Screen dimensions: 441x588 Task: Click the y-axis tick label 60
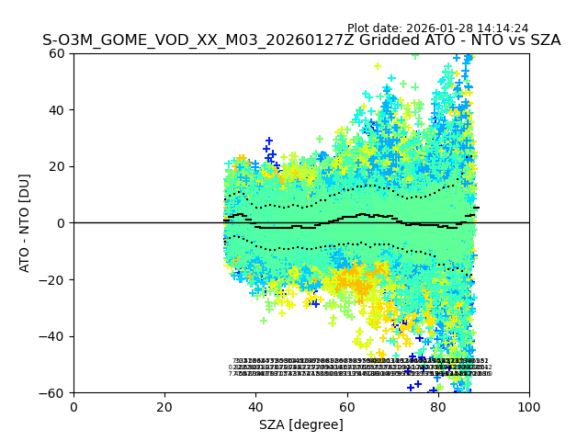tap(58, 53)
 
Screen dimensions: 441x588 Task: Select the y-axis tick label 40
tap(58, 110)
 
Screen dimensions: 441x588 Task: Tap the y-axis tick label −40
tap(54, 336)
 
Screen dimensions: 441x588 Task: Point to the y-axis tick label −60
tap(54, 393)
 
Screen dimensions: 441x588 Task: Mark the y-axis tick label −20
tap(54, 280)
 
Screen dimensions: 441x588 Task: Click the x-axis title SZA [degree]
tap(301, 424)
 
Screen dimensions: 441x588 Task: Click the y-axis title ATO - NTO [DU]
tap(25, 223)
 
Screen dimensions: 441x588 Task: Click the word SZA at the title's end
tap(544, 41)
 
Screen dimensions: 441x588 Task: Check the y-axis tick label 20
tap(58, 166)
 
